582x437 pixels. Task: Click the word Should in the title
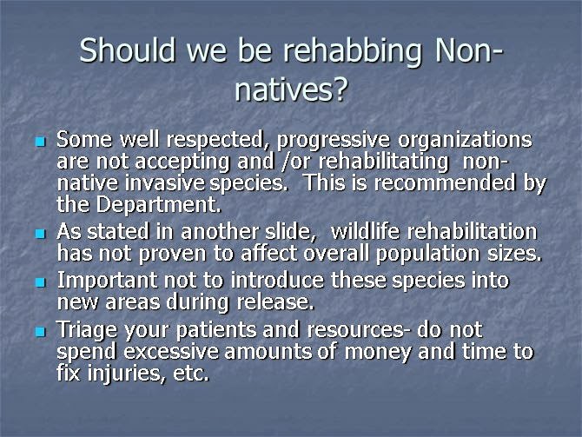click(x=128, y=50)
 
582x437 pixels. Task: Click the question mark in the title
click(x=340, y=89)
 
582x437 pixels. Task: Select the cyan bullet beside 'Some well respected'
click(x=40, y=142)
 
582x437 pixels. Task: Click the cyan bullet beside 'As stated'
click(x=40, y=234)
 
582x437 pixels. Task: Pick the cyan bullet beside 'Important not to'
click(x=40, y=282)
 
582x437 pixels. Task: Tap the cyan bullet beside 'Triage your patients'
click(x=40, y=331)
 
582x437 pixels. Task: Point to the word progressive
click(x=334, y=142)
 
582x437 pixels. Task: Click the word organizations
click(x=465, y=142)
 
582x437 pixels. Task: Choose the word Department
click(x=159, y=205)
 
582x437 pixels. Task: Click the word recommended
click(x=445, y=183)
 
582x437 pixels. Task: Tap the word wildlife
click(x=365, y=231)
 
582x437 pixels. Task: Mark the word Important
click(x=107, y=281)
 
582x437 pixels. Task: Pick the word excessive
click(x=171, y=351)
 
